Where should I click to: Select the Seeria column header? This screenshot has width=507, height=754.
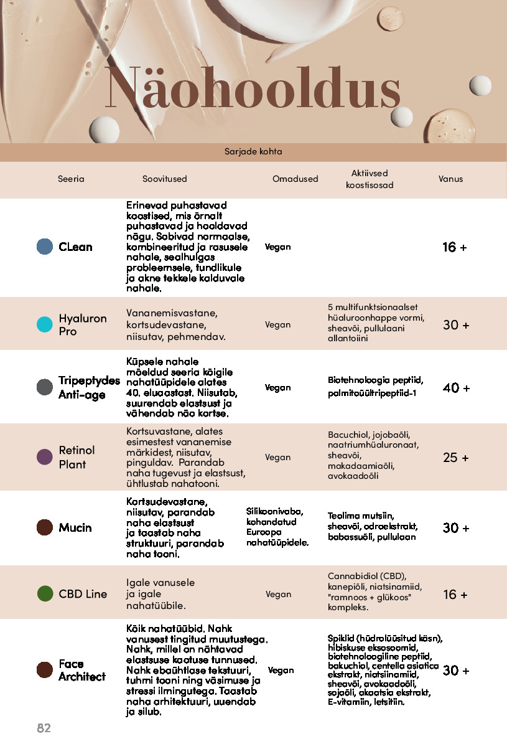click(71, 179)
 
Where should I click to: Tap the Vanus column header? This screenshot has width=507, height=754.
click(450, 179)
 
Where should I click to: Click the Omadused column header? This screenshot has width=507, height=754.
click(295, 179)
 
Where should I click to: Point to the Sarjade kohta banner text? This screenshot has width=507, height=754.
click(253, 151)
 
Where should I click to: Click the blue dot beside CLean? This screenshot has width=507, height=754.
click(45, 247)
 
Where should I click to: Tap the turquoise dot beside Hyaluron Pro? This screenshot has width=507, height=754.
click(45, 324)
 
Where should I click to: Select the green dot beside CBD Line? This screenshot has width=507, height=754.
click(45, 593)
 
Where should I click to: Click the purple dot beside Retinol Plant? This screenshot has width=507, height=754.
click(45, 457)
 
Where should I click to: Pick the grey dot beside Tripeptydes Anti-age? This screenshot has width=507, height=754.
click(45, 387)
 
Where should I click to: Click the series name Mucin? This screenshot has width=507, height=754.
click(75, 527)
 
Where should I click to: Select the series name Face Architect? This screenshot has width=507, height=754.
click(81, 670)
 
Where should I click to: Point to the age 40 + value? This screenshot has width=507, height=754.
click(456, 388)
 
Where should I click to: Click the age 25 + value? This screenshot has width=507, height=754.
click(456, 458)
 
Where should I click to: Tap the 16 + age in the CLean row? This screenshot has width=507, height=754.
click(454, 247)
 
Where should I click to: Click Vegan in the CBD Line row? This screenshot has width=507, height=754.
click(278, 594)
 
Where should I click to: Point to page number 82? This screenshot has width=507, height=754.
click(44, 728)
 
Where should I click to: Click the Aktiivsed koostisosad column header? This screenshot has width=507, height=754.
click(370, 179)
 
